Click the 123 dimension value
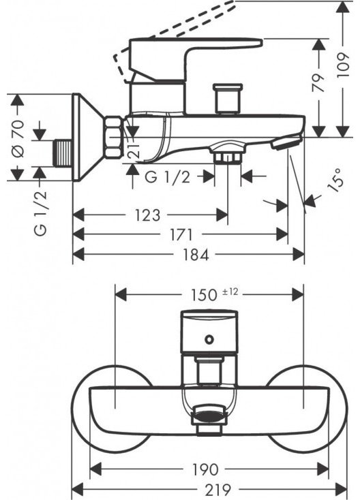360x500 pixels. pos(147,215)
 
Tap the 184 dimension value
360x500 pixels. pos(196,255)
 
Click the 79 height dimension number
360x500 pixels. pos(318,82)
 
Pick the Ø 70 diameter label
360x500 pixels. pos(18,138)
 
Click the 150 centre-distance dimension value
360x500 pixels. pos(205,295)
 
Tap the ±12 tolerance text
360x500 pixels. pos(230,292)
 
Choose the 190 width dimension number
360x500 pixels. pos(206,469)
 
